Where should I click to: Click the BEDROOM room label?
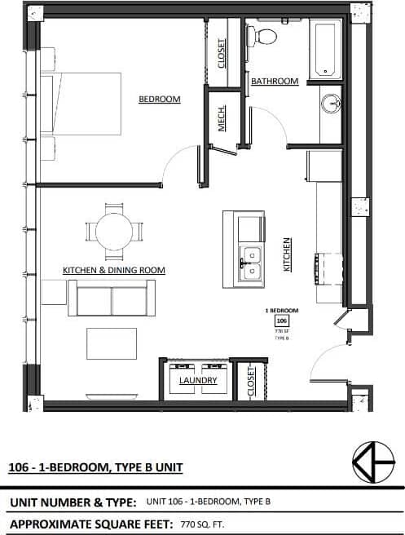click(x=159, y=99)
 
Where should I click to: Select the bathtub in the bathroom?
click(x=325, y=50)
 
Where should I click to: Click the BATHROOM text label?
click(x=274, y=82)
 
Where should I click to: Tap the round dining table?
click(x=114, y=231)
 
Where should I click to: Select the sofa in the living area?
click(x=111, y=298)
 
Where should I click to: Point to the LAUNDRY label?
click(x=197, y=381)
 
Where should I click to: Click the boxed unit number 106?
click(x=281, y=321)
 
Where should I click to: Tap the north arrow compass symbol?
click(x=373, y=462)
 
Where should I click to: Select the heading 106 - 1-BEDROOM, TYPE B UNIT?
click(x=95, y=467)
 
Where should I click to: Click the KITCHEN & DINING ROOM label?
click(x=114, y=270)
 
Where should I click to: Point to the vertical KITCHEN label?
click(x=287, y=254)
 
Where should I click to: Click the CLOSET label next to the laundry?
click(x=251, y=381)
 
